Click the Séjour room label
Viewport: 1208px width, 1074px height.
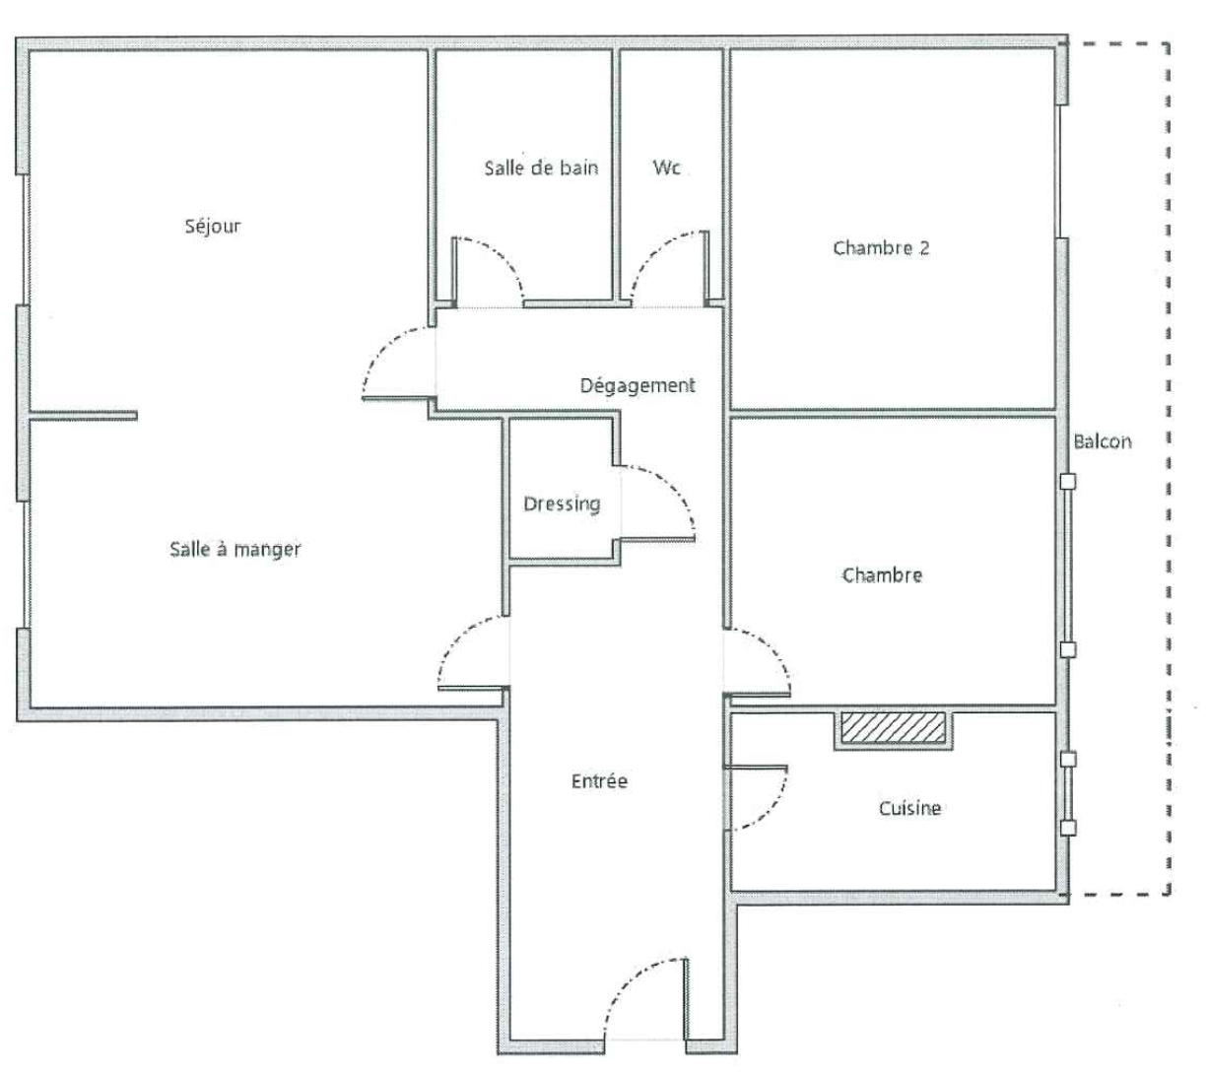pyautogui.click(x=212, y=227)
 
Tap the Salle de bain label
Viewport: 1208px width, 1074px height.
pyautogui.click(x=541, y=168)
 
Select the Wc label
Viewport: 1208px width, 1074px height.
pyautogui.click(x=665, y=168)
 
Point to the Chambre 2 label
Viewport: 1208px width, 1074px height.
pyautogui.click(x=881, y=248)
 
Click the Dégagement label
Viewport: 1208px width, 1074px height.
pyautogui.click(x=638, y=386)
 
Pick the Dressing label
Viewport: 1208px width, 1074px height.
pyautogui.click(x=562, y=504)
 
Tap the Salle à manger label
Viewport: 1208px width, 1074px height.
pyautogui.click(x=235, y=549)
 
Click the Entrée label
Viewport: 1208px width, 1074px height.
pyautogui.click(x=599, y=781)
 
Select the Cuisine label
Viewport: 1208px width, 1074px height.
pyautogui.click(x=909, y=808)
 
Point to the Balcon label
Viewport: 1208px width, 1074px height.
pyautogui.click(x=1102, y=441)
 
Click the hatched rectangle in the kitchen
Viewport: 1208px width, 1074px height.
pyautogui.click(x=893, y=727)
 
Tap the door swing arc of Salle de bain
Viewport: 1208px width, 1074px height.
pyautogui.click(x=501, y=256)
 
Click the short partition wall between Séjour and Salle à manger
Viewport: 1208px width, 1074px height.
pyautogui.click(x=84, y=416)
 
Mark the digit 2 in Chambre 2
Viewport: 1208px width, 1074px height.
pyautogui.click(x=923, y=248)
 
